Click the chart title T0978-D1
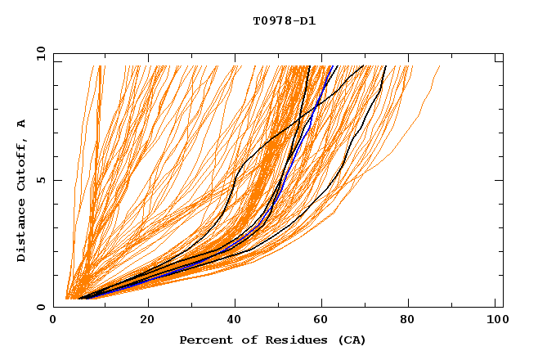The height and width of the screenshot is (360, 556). click(284, 20)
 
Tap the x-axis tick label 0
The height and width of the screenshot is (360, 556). click(53, 322)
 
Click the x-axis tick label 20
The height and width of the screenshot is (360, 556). click(147, 322)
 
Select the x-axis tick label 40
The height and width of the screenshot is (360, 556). click(235, 322)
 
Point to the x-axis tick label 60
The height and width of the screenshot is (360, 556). click(324, 322)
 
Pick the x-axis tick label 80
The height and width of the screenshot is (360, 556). click(412, 322)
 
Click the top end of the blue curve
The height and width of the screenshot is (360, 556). click(334, 66)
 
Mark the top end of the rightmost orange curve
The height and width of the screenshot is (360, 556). click(440, 66)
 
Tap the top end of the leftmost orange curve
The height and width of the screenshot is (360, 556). click(99, 66)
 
